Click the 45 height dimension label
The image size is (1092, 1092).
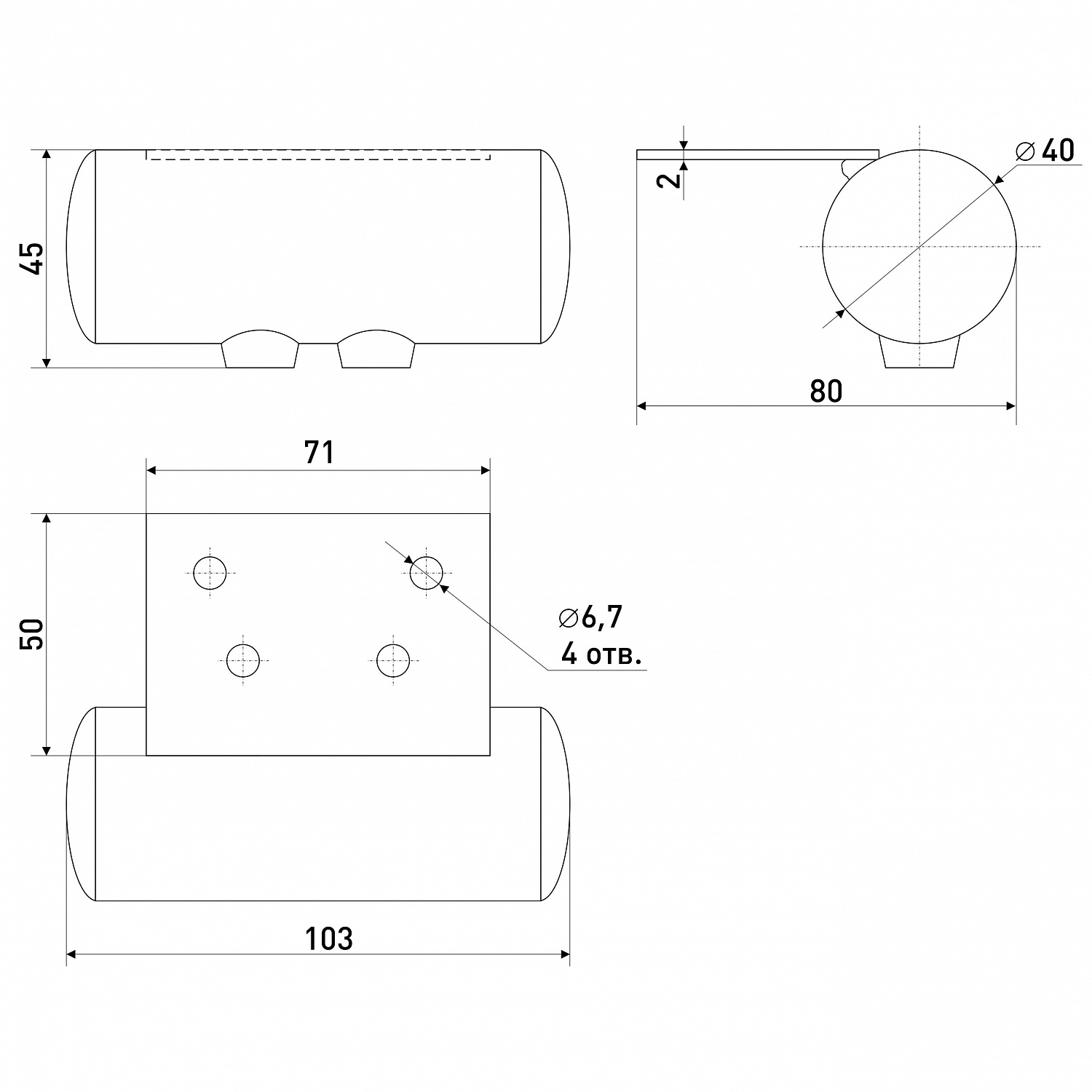(32, 258)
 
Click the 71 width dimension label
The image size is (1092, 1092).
(319, 452)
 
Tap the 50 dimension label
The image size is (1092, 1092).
(32, 634)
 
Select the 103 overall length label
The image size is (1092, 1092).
(328, 938)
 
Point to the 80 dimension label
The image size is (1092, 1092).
(826, 391)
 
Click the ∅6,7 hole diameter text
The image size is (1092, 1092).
(591, 617)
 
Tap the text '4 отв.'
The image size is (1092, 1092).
(601, 655)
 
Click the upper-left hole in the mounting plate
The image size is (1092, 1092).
(210, 572)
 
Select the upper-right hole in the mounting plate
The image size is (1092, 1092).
(426, 572)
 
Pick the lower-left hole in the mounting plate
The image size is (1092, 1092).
(243, 661)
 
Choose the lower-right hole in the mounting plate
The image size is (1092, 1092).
(393, 661)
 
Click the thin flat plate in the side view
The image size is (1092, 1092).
(758, 154)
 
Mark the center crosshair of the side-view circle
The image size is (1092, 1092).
(919, 246)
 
